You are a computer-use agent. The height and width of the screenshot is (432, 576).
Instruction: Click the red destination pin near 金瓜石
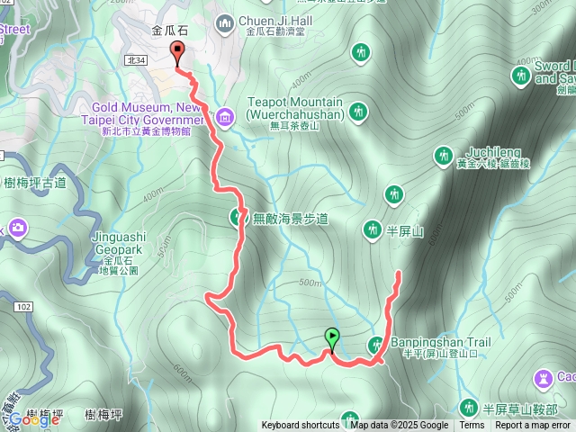pyautogui.click(x=177, y=53)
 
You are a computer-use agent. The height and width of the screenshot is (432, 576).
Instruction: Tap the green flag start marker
pyautogui.click(x=332, y=339)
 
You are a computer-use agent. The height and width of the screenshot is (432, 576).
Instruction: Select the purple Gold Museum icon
pyautogui.click(x=224, y=116)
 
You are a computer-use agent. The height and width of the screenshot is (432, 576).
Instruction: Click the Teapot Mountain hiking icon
pyautogui.click(x=358, y=112)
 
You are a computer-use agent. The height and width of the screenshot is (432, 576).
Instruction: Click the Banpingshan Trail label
pyautogui.click(x=440, y=343)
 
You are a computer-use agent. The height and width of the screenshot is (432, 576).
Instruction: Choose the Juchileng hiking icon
pyautogui.click(x=443, y=156)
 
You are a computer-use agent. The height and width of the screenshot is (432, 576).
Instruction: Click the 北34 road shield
pyautogui.click(x=136, y=60)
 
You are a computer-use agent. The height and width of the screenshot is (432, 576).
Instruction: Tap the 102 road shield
pyautogui.click(x=22, y=307)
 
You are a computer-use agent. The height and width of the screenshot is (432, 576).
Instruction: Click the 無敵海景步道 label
pyautogui.click(x=290, y=218)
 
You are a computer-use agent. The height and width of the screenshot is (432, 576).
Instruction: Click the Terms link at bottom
pyautogui.click(x=472, y=426)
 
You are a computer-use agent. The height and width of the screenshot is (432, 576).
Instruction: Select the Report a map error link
pyautogui.click(x=532, y=426)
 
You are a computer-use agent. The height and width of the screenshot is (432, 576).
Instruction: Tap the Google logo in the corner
pyautogui.click(x=33, y=418)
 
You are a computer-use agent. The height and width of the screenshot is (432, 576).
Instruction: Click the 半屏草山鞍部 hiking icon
pyautogui.click(x=467, y=407)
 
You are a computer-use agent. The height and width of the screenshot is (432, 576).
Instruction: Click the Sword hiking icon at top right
pyautogui.click(x=521, y=76)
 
